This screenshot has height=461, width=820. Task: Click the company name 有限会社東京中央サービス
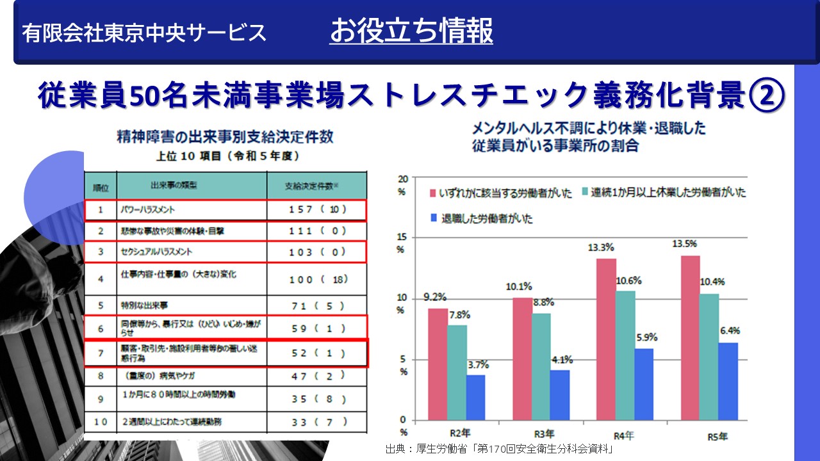click(144, 33)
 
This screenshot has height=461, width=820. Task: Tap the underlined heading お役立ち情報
click(411, 31)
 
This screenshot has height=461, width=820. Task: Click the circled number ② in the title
click(766, 95)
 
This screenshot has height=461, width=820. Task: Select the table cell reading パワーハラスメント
click(147, 210)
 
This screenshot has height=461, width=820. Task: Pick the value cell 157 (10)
click(317, 210)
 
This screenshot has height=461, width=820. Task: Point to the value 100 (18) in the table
click(317, 280)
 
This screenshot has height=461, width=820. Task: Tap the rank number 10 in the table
click(101, 422)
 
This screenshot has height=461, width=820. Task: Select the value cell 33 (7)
click(317, 422)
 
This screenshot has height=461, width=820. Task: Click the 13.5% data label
click(685, 244)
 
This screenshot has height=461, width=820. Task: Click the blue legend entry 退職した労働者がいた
click(483, 218)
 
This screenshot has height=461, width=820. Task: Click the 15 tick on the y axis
click(402, 238)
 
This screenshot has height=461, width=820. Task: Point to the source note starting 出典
click(500, 449)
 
